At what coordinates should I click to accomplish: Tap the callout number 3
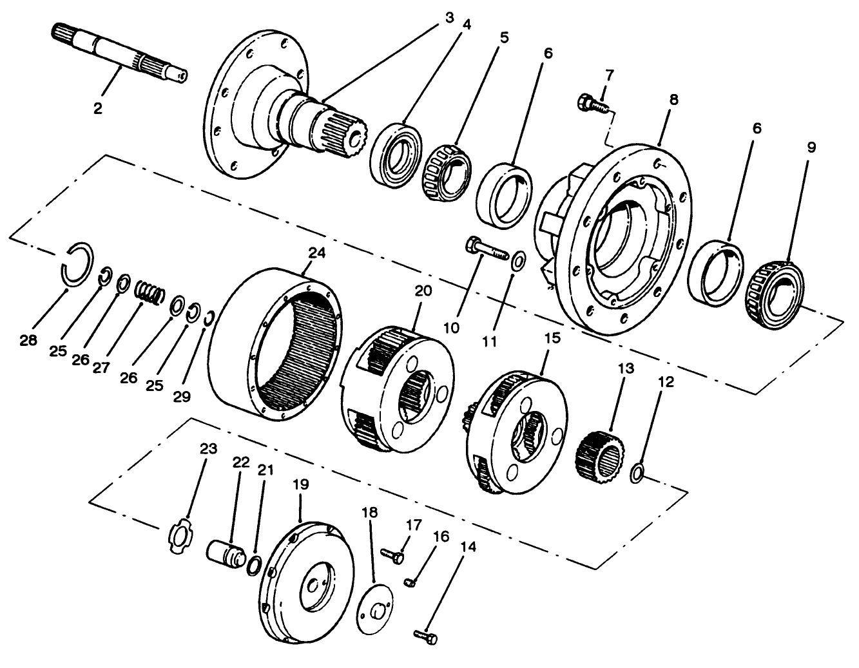point(449,17)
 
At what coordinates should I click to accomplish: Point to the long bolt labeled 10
point(487,250)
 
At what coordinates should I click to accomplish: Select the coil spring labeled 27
point(150,292)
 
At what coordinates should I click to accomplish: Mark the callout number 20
point(423,291)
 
